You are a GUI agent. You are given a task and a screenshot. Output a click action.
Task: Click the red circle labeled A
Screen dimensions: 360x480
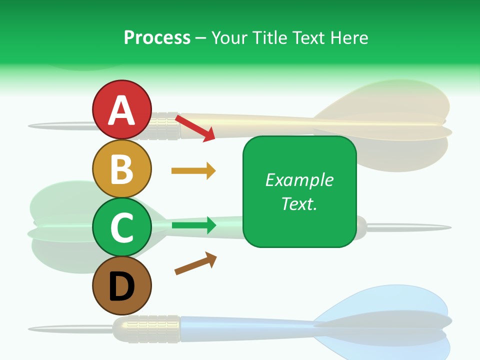coord(121,110)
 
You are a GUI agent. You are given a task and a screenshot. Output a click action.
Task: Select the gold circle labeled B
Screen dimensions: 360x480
coord(121,169)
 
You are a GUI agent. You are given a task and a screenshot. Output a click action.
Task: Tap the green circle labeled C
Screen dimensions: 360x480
coord(121,227)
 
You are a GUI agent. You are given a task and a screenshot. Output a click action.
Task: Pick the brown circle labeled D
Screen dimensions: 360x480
coord(121,285)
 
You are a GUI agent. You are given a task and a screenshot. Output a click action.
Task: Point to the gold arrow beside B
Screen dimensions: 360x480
coord(193,171)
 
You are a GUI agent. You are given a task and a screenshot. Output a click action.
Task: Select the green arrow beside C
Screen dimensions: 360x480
coord(193,225)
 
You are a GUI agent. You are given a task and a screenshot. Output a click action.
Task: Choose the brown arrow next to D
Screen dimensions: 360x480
coord(195,263)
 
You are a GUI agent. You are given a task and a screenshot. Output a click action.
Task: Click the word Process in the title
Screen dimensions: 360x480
coord(157,37)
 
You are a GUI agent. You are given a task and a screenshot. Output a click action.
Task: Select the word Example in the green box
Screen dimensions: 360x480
coord(299,180)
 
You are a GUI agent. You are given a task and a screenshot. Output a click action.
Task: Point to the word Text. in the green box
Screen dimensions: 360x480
coord(299,203)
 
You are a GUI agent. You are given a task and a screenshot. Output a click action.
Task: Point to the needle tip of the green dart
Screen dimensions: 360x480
coord(440,227)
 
